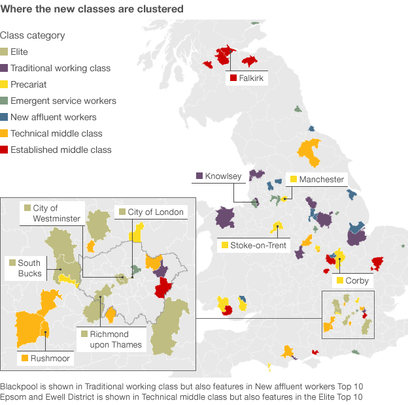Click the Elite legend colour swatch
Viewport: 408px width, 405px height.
pyautogui.click(x=5, y=52)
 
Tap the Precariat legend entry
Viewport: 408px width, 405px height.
pyautogui.click(x=28, y=85)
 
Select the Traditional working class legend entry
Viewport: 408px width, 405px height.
pyautogui.click(x=60, y=69)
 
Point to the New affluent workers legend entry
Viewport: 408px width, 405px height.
pyautogui.click(x=53, y=118)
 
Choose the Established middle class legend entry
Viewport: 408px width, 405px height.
pyautogui.click(x=61, y=150)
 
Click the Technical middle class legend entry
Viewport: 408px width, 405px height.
pyautogui.click(x=56, y=134)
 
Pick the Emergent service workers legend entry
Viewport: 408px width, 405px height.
pyautogui.click(x=63, y=101)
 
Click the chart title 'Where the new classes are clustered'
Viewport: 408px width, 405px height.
pyautogui.click(x=92, y=10)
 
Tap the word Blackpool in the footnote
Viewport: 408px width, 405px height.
pyautogui.click(x=20, y=386)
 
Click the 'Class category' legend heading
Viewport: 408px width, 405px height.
pyautogui.click(x=32, y=36)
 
